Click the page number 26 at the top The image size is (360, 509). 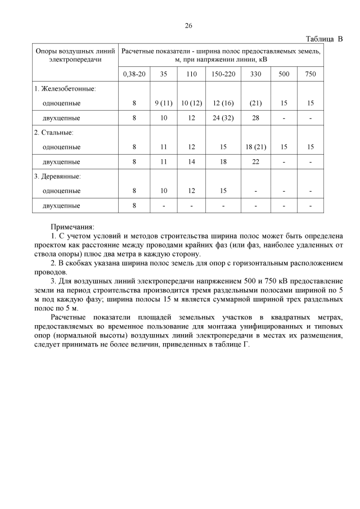[188, 25]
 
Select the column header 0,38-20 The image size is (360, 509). [134, 74]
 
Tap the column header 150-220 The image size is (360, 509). [223, 74]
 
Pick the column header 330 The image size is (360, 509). [255, 74]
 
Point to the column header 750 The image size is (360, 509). [310, 74]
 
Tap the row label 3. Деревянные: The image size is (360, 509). [57, 176]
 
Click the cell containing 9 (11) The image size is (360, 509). [163, 103]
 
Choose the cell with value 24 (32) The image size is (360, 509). [223, 118]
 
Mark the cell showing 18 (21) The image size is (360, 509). [255, 147]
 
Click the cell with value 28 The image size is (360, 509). [255, 118]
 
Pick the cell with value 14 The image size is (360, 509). [191, 161]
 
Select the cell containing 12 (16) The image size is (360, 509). [223, 103]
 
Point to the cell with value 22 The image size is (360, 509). [255, 161]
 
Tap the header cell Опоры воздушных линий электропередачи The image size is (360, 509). [75, 55]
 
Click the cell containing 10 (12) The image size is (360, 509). [191, 103]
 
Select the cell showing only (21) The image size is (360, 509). [255, 103]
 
